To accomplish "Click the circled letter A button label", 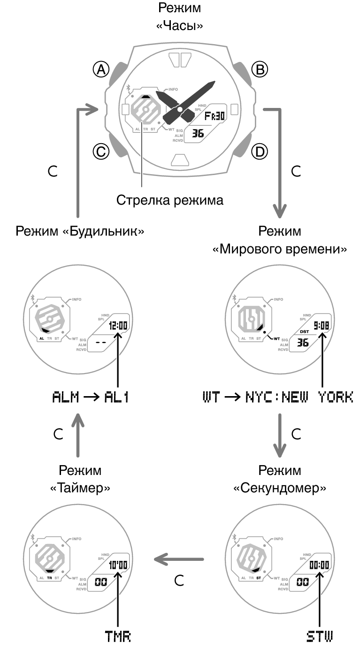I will click(100, 70).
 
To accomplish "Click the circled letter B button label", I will click(259, 70).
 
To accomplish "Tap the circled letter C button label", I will click(100, 151).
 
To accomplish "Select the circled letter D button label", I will click(259, 151).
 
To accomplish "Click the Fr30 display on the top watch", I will click(214, 116).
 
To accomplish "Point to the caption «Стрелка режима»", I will click(169, 200).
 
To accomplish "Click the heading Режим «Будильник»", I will click(80, 231).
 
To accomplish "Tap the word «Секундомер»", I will click(280, 488).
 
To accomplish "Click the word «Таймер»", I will click(80, 488).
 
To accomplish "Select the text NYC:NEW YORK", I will click(299, 398).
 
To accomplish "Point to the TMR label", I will click(117, 636).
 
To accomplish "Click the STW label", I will click(319, 636).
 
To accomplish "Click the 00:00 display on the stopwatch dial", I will click(319, 565).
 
